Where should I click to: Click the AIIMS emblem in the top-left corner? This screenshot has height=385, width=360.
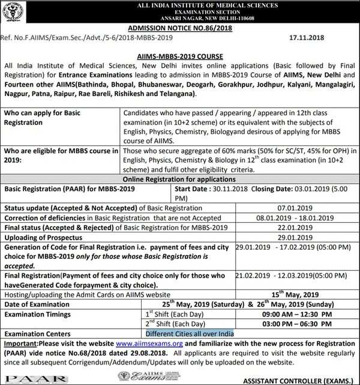(14, 12)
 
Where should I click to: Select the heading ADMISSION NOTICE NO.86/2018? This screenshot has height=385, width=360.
(179, 29)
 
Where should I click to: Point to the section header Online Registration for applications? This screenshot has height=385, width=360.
(179, 179)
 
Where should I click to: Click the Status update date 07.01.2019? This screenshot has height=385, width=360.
(293, 207)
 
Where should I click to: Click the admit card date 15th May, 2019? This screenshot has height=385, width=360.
(293, 294)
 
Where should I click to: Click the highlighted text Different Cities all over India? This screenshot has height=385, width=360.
(189, 333)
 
